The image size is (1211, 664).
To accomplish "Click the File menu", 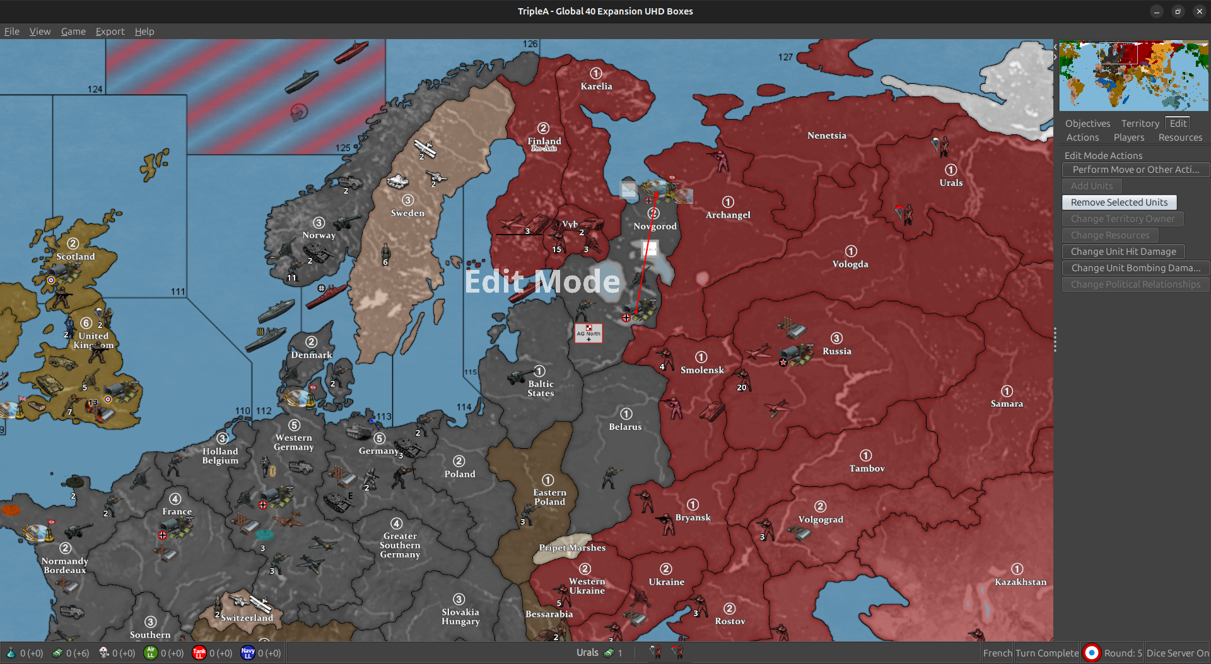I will point(12,32).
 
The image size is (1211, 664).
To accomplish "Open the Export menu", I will point(110,32).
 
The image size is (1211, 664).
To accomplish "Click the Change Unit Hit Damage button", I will point(1123,252).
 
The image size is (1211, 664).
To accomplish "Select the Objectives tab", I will point(1087,124).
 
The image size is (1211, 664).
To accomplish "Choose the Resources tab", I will point(1180,137).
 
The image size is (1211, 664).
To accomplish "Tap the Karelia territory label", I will point(596,86).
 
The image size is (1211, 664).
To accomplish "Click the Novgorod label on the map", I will point(655,226).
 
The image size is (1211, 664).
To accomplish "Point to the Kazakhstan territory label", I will point(1020,582).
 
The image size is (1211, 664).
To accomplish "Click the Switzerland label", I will point(247,618).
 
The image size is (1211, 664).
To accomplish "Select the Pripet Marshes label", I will point(572,548).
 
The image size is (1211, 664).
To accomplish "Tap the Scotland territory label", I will point(75,257).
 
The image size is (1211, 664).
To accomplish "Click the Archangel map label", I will point(728,215).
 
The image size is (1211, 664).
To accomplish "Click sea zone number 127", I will point(785,57).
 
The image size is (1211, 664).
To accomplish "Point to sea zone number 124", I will point(95,90).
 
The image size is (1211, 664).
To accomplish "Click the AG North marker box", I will point(588,333).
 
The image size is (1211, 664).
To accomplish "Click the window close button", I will point(1199,11).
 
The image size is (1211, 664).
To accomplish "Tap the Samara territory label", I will point(1007,404).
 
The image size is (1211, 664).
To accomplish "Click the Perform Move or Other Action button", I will point(1135,170).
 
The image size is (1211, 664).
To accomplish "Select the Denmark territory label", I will point(312,355).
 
